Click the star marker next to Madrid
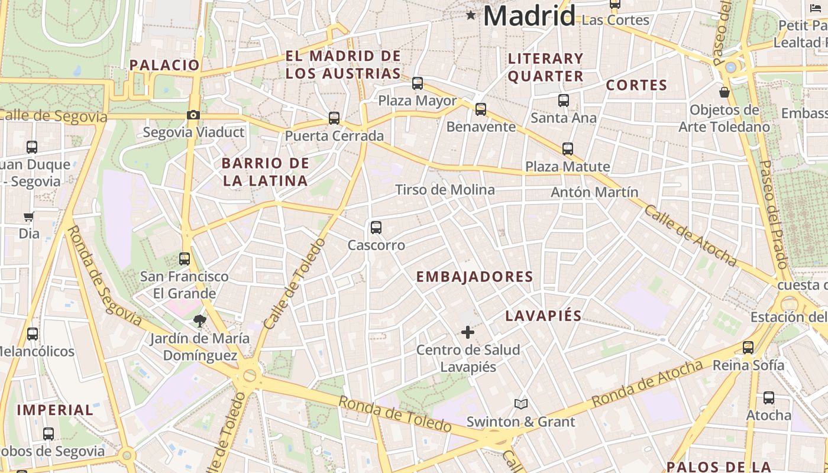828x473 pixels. coord(471,15)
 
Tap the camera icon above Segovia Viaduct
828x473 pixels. coord(193,115)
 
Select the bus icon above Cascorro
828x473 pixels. coord(376,228)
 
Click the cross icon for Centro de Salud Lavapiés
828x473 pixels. coord(468,332)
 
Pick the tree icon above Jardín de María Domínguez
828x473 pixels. coord(199,321)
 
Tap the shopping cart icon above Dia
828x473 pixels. coord(28,216)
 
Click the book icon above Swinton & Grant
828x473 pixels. coord(520,404)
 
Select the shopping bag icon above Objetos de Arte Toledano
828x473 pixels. coord(724,93)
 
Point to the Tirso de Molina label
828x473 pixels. coord(445,190)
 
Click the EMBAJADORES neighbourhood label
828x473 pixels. coord(474,277)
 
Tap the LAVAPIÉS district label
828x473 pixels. coord(544,316)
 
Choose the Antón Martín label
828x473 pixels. coord(594,192)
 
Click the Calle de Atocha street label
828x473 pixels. coord(690,235)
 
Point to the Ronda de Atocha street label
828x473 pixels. coord(647,384)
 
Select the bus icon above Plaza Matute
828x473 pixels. coord(568,149)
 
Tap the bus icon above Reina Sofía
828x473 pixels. coord(748,348)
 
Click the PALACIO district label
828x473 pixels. coord(165,65)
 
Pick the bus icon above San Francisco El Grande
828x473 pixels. coord(185,259)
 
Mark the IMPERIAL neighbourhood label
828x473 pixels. coord(55,410)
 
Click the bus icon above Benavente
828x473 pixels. coord(481,109)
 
